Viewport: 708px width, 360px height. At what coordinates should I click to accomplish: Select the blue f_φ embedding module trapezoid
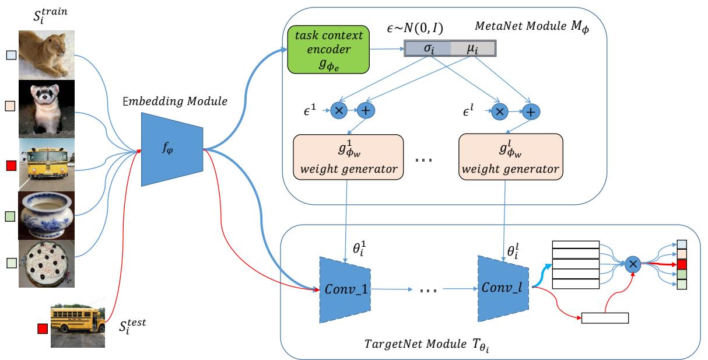(172, 150)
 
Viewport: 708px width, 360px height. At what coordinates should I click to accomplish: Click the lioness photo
(47, 55)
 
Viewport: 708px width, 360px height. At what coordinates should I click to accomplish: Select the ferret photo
(47, 109)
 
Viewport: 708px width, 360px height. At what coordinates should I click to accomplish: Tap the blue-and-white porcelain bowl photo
(47, 215)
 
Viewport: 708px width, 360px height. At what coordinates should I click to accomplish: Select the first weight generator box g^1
(348, 157)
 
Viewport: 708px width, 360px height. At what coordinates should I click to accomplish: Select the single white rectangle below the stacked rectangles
(605, 318)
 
